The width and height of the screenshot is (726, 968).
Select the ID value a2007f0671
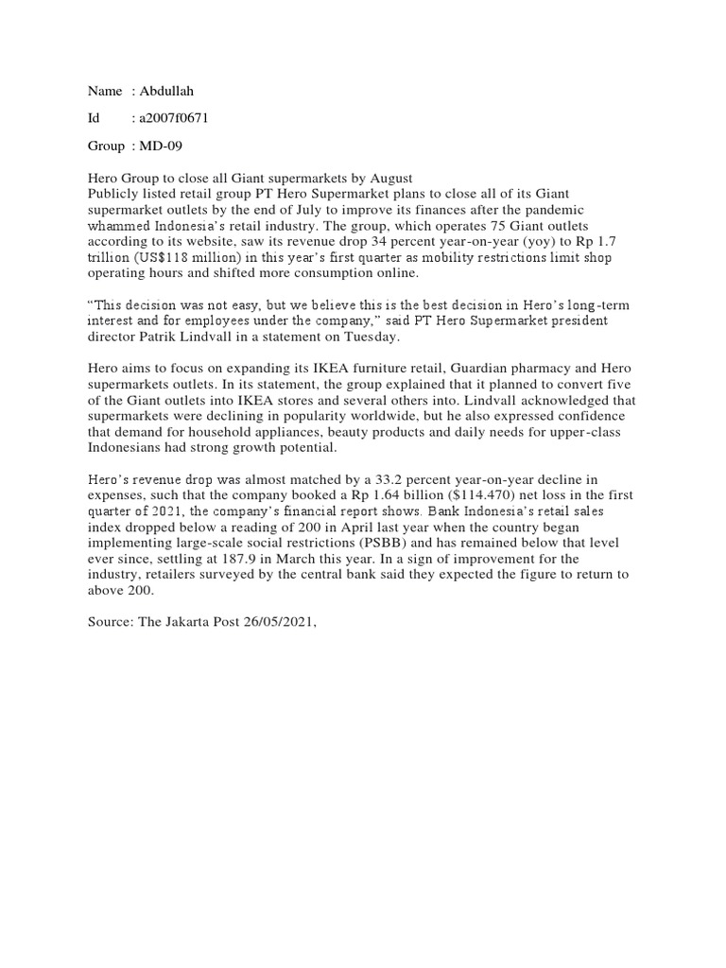point(174,118)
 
